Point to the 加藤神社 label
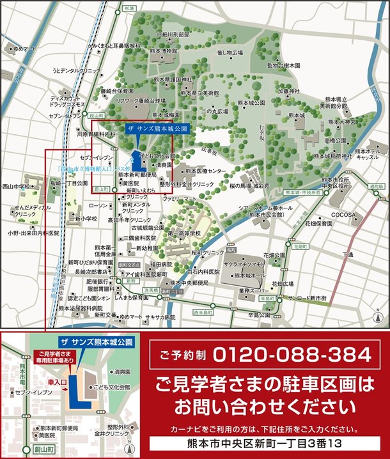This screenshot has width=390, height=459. tap(289, 91)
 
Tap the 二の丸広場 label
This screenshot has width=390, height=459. tap(214, 110)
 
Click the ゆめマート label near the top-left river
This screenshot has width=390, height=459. tap(26, 48)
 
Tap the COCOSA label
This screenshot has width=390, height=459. tap(347, 215)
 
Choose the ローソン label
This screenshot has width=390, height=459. tap(98, 206)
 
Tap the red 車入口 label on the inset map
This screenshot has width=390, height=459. tap(56, 383)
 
